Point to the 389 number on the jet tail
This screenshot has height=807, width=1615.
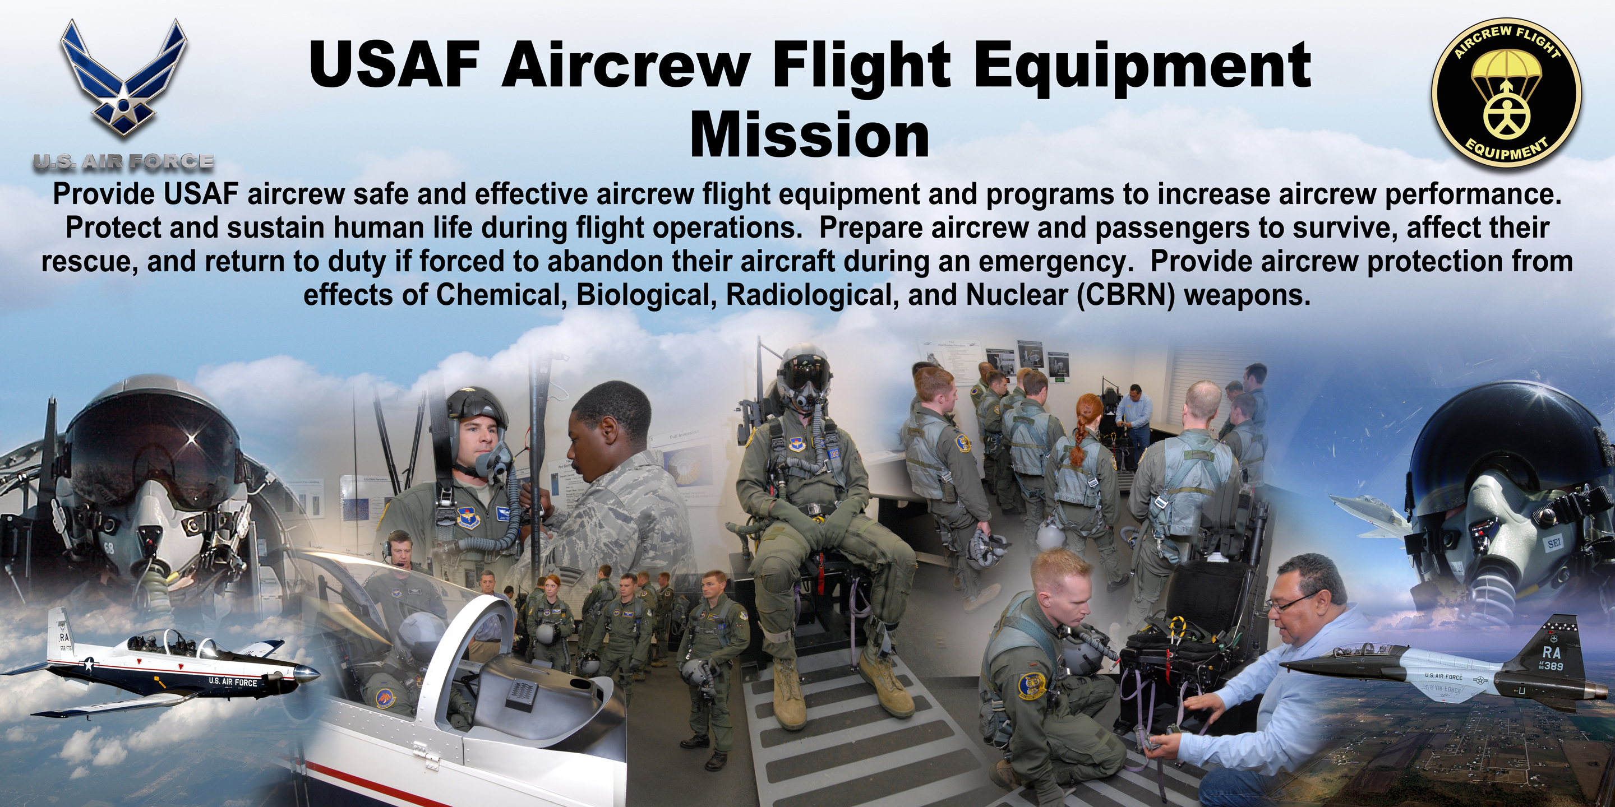point(1566,666)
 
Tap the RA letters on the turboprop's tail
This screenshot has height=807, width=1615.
point(64,638)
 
